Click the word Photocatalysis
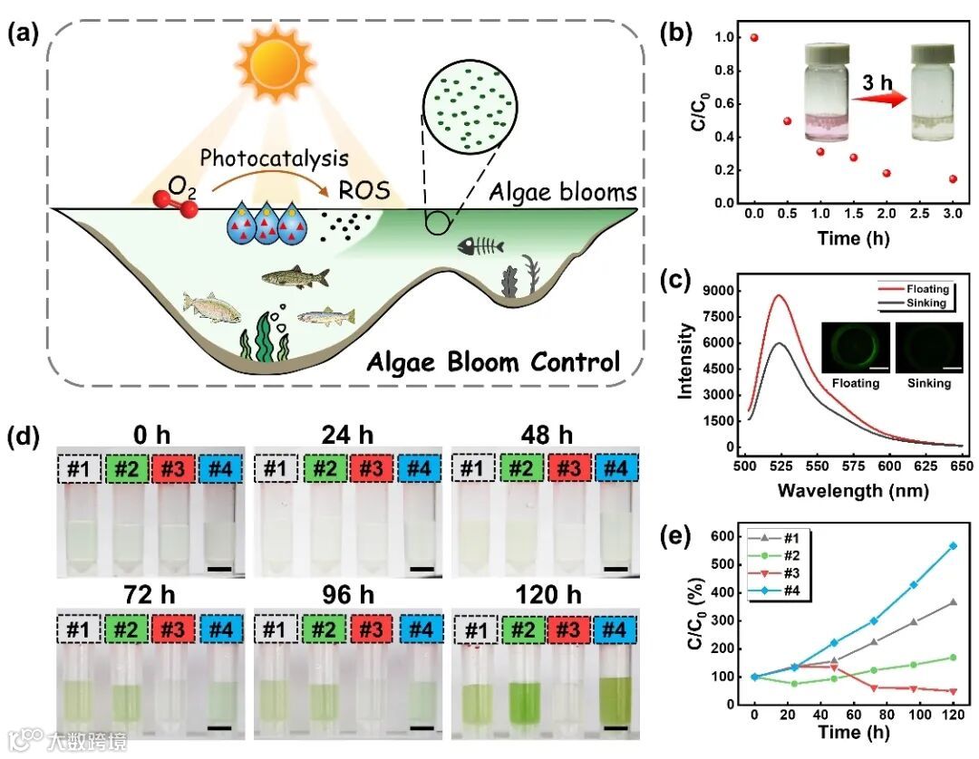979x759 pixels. pyautogui.click(x=274, y=159)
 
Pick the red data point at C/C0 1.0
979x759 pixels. pyautogui.click(x=754, y=38)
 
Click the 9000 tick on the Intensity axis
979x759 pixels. pyautogui.click(x=721, y=291)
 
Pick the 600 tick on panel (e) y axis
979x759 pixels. pyautogui.click(x=722, y=534)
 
